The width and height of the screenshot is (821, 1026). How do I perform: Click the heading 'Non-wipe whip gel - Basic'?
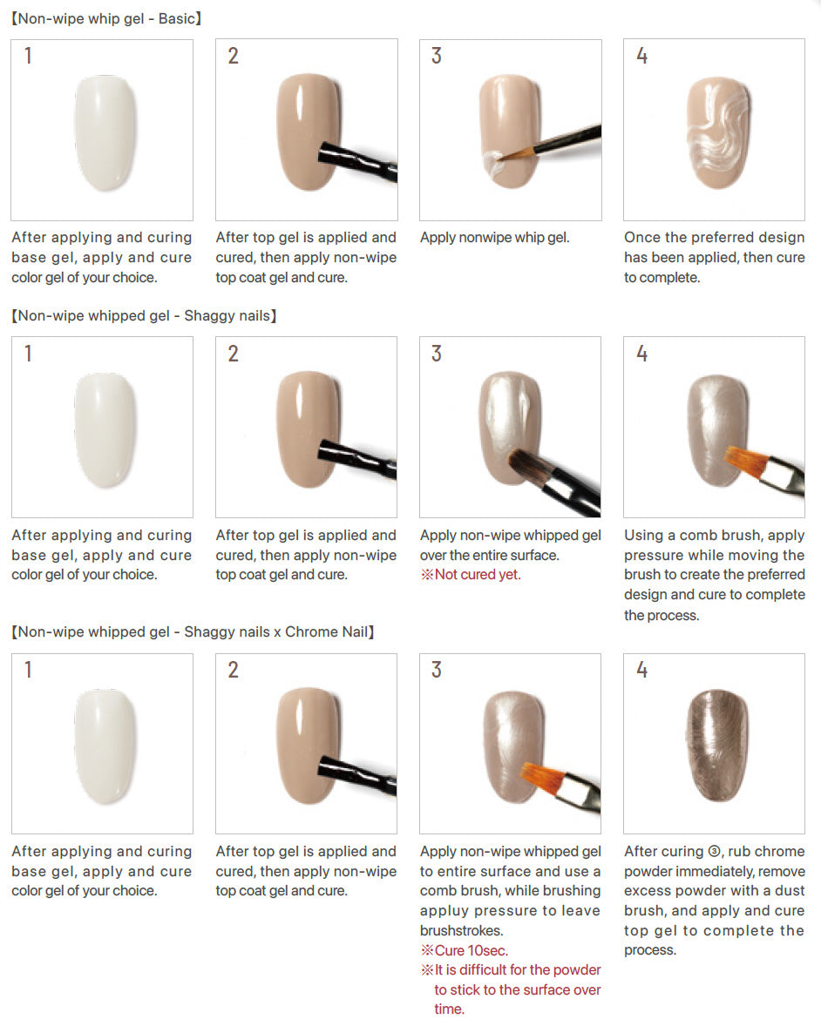click(x=106, y=18)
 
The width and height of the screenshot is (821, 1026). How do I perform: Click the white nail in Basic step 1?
click(x=105, y=133)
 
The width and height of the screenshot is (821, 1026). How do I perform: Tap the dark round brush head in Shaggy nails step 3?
click(x=524, y=464)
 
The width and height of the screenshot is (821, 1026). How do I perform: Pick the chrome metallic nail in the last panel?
click(x=717, y=746)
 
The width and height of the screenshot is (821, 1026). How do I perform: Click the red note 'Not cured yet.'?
click(x=471, y=575)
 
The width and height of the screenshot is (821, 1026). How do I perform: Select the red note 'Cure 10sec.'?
click(x=465, y=950)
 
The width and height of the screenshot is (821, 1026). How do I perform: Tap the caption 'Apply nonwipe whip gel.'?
click(x=495, y=238)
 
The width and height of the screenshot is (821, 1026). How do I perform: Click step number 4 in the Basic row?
click(x=641, y=56)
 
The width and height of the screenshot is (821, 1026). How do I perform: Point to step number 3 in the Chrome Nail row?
click(x=437, y=670)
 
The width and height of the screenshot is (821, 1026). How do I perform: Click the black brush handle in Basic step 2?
click(x=357, y=161)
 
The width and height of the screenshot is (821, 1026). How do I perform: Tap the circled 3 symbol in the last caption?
click(x=715, y=852)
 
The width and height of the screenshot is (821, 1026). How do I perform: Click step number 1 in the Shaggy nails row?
click(x=28, y=354)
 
